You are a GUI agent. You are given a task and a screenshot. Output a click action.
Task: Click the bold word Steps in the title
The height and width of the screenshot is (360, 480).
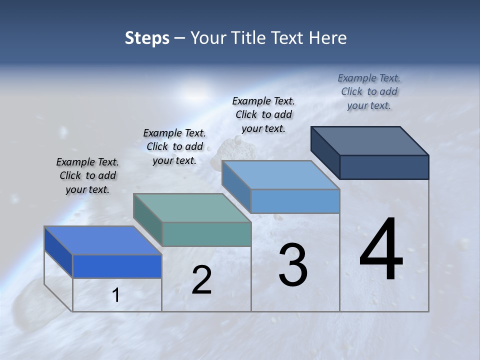tap(147, 38)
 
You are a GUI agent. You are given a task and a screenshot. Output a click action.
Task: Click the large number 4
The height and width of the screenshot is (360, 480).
tap(381, 249)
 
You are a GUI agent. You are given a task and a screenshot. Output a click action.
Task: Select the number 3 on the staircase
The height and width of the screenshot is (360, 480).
tap(293, 265)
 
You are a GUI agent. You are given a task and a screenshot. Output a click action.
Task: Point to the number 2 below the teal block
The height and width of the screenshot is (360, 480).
tap(201, 280)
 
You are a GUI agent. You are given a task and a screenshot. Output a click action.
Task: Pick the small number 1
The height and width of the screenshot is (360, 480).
tap(116, 295)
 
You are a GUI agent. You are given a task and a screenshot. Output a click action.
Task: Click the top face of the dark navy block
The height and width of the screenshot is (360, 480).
tap(370, 140)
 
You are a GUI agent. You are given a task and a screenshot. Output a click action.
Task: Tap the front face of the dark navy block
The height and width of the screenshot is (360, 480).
tap(384, 167)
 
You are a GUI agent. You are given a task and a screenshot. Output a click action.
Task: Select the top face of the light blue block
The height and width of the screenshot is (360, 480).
tap(281, 175)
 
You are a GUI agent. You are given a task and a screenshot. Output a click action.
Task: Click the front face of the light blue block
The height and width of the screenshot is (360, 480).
tap(295, 201)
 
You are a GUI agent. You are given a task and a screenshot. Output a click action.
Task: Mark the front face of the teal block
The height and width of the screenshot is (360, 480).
tap(206, 234)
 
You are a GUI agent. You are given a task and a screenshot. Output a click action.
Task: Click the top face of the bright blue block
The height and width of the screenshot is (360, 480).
tap(103, 240)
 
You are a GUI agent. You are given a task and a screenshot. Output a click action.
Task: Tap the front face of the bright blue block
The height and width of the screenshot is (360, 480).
tap(117, 266)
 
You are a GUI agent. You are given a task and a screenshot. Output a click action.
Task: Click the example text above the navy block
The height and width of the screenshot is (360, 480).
tap(369, 91)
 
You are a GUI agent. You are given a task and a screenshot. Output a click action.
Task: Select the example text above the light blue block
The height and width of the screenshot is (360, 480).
tap(263, 114)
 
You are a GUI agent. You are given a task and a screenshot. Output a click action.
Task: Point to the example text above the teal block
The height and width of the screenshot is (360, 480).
tap(174, 146)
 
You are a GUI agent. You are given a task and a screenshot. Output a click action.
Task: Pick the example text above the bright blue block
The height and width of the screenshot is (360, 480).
tap(87, 175)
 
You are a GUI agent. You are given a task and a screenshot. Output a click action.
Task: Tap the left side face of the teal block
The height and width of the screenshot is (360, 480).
tap(148, 219)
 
